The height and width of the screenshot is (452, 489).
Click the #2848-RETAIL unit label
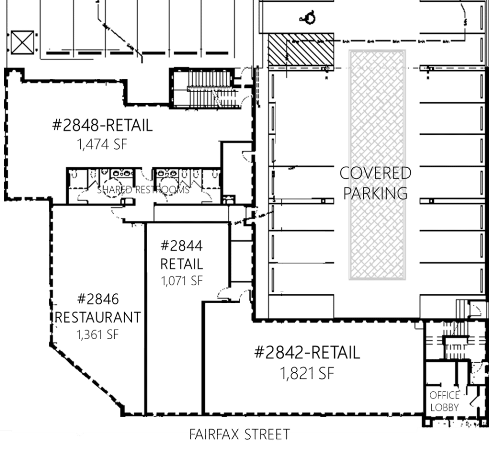102,126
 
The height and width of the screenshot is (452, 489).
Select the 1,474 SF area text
102,144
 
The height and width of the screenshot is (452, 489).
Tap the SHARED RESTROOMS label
143,190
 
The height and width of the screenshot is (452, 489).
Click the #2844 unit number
181,246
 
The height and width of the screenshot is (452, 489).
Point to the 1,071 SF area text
181,280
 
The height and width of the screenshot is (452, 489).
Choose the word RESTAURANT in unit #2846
98,317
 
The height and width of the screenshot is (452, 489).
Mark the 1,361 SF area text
97,334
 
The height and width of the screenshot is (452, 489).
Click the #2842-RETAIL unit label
307,353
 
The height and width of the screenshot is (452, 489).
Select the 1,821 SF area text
307,373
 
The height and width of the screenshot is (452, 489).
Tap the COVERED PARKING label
375,183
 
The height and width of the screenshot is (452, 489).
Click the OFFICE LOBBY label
444,401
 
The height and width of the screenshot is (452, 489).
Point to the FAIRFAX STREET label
239,435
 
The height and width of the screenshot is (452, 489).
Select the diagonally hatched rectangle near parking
300,51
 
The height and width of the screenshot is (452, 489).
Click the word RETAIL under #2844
181,263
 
